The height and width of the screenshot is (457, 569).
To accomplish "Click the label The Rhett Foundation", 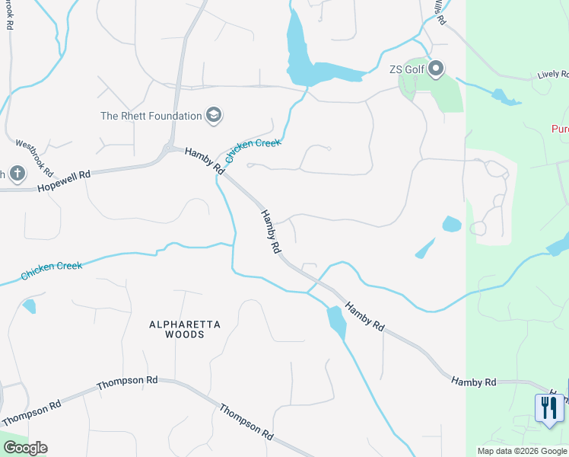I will point(151,116).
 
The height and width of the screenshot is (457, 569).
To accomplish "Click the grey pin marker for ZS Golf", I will point(436,70).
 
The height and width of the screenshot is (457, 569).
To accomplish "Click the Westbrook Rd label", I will point(34,158).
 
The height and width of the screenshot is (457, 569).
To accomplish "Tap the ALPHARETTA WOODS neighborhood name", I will point(185,329).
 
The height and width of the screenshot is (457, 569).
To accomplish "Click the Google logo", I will point(25,448).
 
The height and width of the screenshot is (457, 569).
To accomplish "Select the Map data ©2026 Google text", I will point(521,450).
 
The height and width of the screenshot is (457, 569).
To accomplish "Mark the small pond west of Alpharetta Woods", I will point(29,306).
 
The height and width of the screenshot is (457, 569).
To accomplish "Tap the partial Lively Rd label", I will point(553,75).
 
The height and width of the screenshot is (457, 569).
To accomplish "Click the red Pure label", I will point(560,129).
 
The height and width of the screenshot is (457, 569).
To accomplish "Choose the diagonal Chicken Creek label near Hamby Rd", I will point(254,152).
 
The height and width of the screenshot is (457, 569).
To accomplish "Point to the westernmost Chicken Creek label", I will point(51,268).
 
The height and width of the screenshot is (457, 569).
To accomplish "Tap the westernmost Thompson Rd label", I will point(30,412).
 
